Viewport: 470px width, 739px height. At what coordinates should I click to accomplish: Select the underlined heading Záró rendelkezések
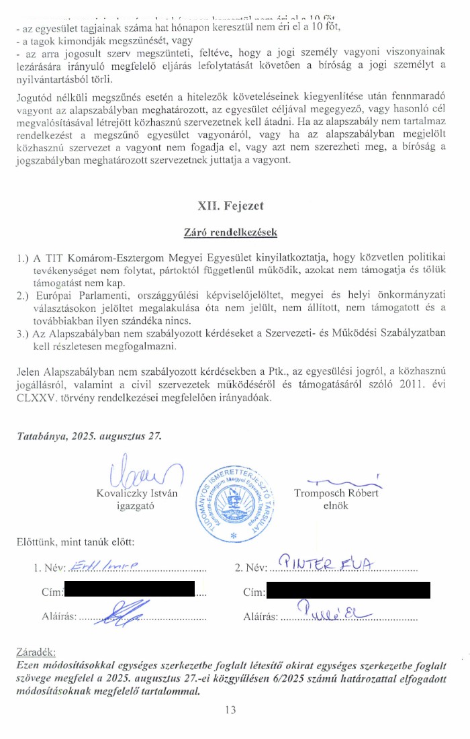[x=230, y=233]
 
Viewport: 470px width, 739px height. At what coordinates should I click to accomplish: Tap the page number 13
[x=230, y=709]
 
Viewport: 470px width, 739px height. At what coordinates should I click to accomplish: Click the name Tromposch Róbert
[x=336, y=493]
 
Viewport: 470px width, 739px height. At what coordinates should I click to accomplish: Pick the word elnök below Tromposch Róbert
[x=336, y=505]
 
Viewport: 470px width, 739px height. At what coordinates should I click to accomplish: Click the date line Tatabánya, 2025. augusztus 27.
[x=89, y=436]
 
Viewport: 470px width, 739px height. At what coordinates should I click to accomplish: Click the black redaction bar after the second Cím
[x=347, y=591]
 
